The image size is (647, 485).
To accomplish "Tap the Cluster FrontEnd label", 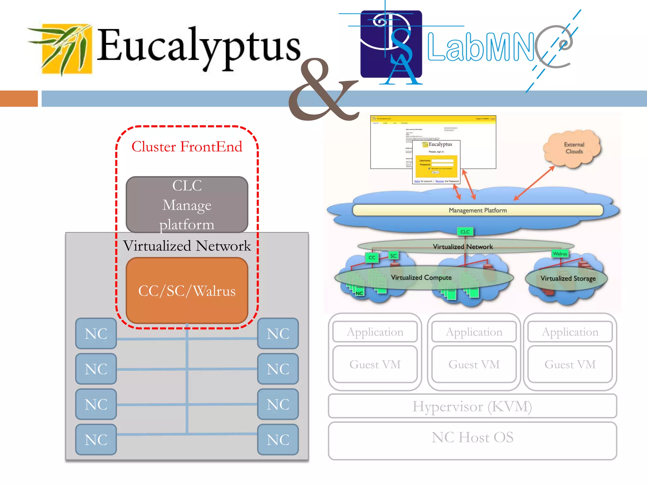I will click(x=187, y=147).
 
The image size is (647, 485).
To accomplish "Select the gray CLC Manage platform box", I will click(x=187, y=204).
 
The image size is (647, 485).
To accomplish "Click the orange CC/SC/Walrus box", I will click(x=187, y=290).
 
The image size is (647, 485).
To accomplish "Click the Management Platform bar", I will click(x=477, y=210).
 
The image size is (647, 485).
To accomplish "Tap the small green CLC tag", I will click(x=465, y=232).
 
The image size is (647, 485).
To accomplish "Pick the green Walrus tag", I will click(x=559, y=254).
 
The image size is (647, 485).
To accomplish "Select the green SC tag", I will click(x=393, y=256).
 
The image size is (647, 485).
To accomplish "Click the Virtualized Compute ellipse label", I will click(x=421, y=278).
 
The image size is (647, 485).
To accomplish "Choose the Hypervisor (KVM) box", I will click(x=472, y=406).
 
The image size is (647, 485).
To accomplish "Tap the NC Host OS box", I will click(x=472, y=440).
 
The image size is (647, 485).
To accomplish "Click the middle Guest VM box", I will click(x=474, y=364).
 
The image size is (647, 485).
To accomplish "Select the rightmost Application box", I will click(x=570, y=332).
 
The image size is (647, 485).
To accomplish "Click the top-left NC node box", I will click(x=96, y=333).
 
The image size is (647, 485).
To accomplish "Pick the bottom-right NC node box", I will click(x=278, y=440).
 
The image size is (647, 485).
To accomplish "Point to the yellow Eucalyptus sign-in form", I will click(x=436, y=166).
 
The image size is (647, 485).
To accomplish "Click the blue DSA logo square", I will click(x=391, y=44).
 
